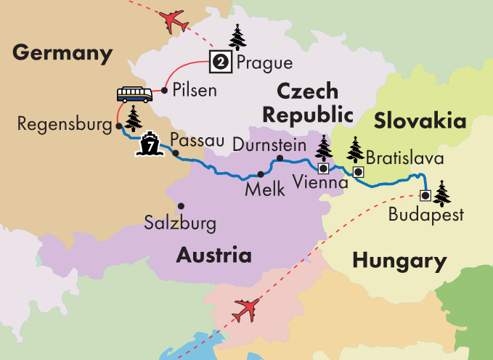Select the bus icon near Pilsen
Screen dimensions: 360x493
135,94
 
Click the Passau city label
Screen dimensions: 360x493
194,139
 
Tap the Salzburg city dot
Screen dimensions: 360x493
181,205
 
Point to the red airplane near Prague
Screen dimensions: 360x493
176,22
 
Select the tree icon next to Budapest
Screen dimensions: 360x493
441,193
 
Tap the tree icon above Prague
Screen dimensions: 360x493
237,36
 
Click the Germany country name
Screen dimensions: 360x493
63,53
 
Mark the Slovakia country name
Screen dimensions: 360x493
420,120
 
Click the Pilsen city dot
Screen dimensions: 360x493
165,91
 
